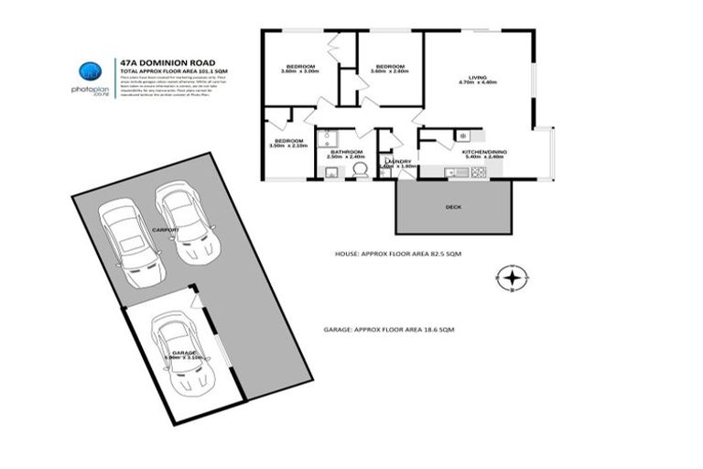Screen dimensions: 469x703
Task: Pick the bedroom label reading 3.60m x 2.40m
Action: click(x=389, y=70)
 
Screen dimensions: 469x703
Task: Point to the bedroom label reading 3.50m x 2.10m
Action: click(x=287, y=143)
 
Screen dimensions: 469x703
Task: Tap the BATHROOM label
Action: click(x=346, y=154)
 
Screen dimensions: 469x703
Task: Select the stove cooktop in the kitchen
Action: click(x=477, y=171)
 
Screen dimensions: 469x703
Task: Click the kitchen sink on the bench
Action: click(x=450, y=171)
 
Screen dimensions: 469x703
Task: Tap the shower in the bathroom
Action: click(x=329, y=139)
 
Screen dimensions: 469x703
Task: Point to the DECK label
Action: click(x=453, y=207)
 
